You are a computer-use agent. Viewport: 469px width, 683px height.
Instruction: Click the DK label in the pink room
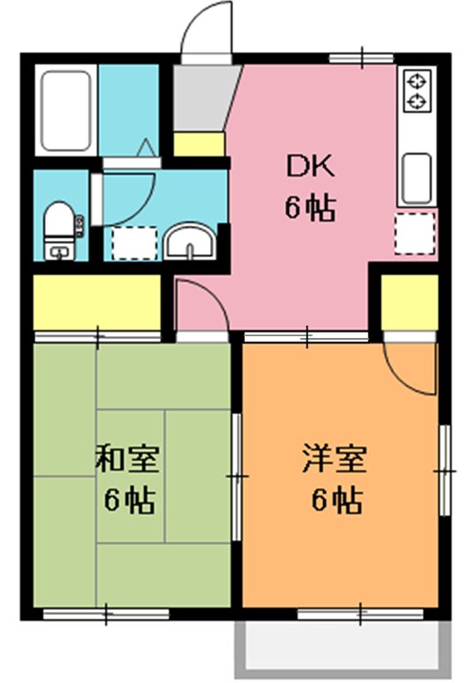coord(308,165)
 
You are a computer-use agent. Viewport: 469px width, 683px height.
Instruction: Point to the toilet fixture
coord(60,229)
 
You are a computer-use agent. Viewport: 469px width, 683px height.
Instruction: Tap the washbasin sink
coord(191,239)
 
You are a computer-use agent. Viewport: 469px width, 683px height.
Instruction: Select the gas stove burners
coord(416,92)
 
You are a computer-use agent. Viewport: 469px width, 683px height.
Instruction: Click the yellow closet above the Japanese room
coord(97,302)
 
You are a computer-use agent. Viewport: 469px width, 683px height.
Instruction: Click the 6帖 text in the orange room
coord(336,500)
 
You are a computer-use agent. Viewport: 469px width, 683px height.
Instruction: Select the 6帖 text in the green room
coord(130,500)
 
